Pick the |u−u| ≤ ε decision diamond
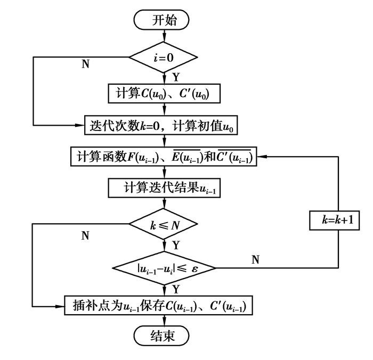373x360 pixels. (x=164, y=268)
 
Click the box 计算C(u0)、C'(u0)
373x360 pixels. (x=164, y=93)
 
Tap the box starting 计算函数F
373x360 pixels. (x=164, y=157)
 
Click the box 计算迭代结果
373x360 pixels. (x=164, y=187)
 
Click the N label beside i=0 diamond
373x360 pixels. (x=85, y=64)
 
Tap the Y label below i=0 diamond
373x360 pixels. (x=175, y=77)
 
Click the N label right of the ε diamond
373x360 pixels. (x=255, y=259)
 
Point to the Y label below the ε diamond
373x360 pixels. (x=175, y=289)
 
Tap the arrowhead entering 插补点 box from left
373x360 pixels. (x=62, y=306)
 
